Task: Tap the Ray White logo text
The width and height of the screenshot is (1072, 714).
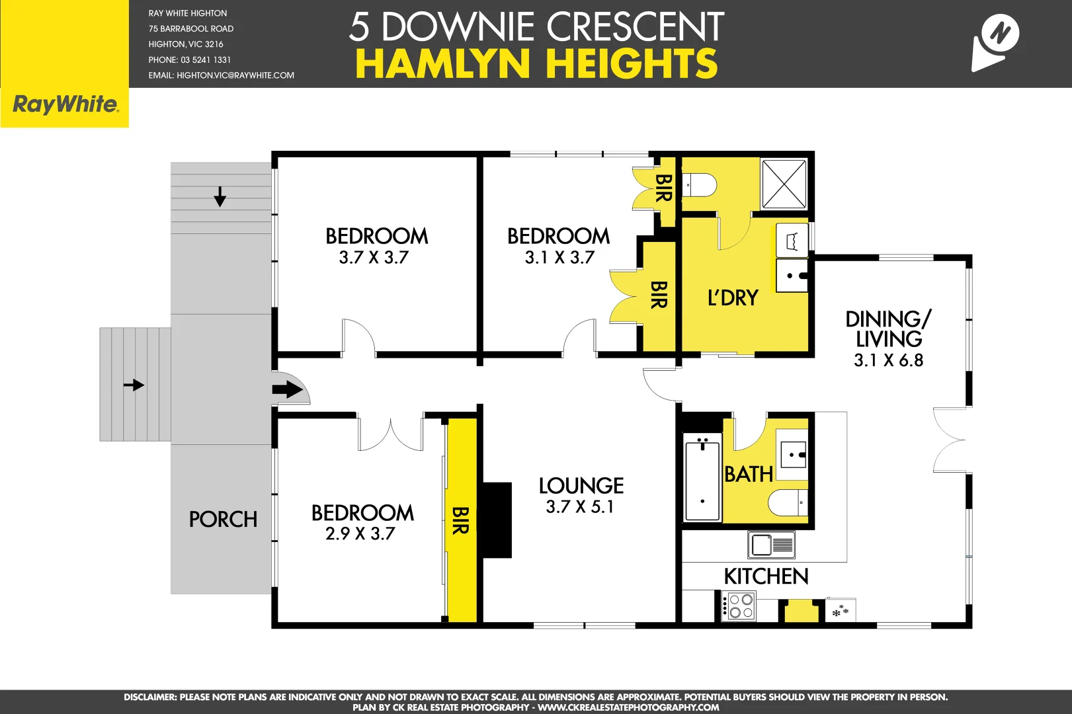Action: coord(65,104)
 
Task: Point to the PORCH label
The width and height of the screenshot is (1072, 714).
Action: coord(223,520)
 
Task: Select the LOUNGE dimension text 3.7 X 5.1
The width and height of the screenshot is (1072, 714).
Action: coord(580,507)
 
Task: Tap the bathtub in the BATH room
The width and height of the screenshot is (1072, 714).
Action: coord(702,480)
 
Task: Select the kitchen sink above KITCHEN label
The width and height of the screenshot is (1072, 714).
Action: coord(771,545)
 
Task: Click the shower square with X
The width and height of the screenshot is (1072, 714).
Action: coord(784,184)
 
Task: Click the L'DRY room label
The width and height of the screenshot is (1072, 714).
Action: coord(733,298)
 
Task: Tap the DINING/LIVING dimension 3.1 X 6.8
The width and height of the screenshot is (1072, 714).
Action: coord(888,360)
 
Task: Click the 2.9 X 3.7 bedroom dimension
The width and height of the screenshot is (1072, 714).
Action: coord(360,534)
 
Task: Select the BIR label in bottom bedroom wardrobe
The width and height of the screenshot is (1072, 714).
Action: coord(460,520)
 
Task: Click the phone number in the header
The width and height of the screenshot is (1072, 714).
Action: coord(190,59)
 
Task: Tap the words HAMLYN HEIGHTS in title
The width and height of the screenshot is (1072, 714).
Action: coord(536,64)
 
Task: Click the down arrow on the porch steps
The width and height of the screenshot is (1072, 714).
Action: coord(220,196)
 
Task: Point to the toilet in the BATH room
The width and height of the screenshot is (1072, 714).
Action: coord(787,502)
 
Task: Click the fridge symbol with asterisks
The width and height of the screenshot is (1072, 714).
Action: coord(841,611)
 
